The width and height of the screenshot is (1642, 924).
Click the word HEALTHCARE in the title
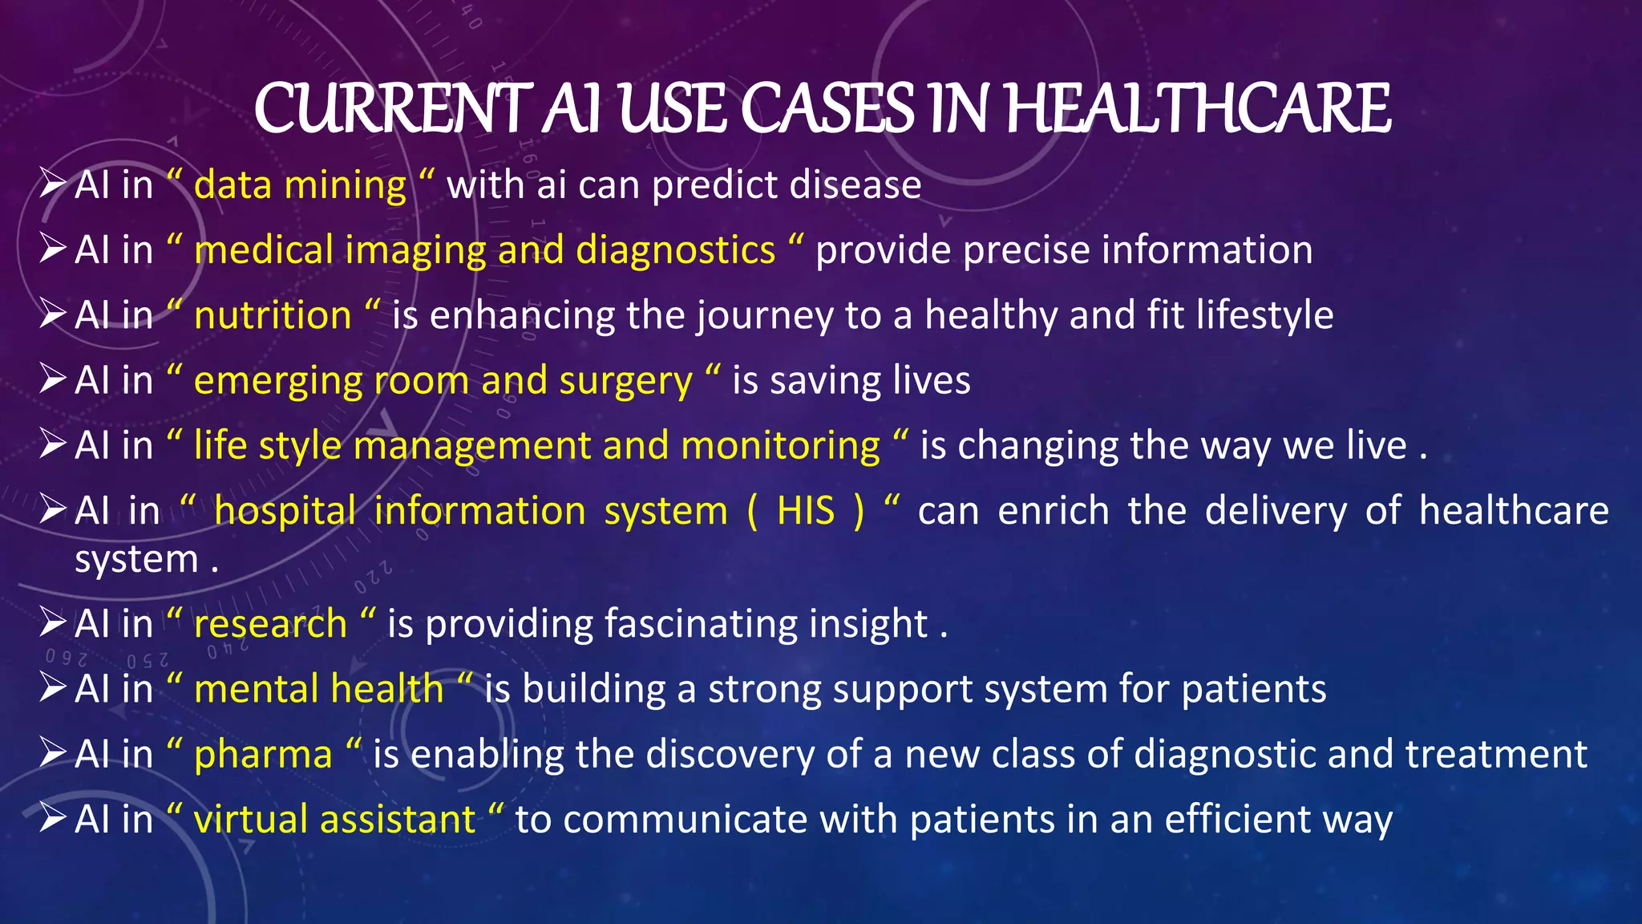[x=1197, y=109]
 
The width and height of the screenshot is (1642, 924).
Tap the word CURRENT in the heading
[x=393, y=109]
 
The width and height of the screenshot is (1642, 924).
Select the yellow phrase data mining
[x=300, y=185]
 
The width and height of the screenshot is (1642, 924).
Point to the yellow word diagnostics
[x=676, y=250]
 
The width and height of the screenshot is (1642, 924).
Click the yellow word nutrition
[x=273, y=315]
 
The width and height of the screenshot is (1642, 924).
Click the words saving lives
[x=869, y=381]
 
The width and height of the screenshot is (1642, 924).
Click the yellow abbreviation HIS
[x=806, y=511]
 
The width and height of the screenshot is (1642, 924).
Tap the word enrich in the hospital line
[x=1054, y=511]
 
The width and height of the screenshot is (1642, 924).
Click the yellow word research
[x=270, y=624]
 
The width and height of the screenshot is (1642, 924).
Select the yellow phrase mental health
[x=318, y=690]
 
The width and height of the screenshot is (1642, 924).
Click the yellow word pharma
[x=263, y=755]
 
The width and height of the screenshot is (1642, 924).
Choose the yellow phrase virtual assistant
[x=334, y=820]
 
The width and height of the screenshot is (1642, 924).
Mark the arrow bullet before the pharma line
[x=53, y=754]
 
